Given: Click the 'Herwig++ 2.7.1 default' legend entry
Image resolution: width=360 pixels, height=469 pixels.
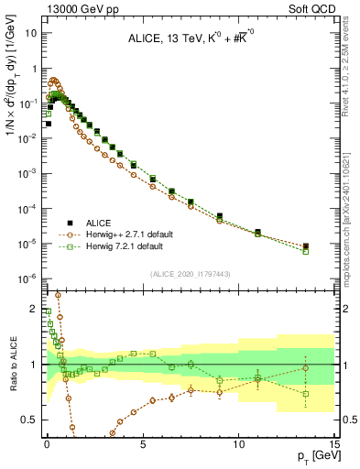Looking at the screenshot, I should (136, 234).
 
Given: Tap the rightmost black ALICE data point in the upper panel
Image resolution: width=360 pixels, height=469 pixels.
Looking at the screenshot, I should (306, 245).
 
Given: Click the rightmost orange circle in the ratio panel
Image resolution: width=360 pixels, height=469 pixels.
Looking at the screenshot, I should (306, 368).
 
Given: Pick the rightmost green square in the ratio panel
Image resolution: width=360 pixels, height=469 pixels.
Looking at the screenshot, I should (306, 394).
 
